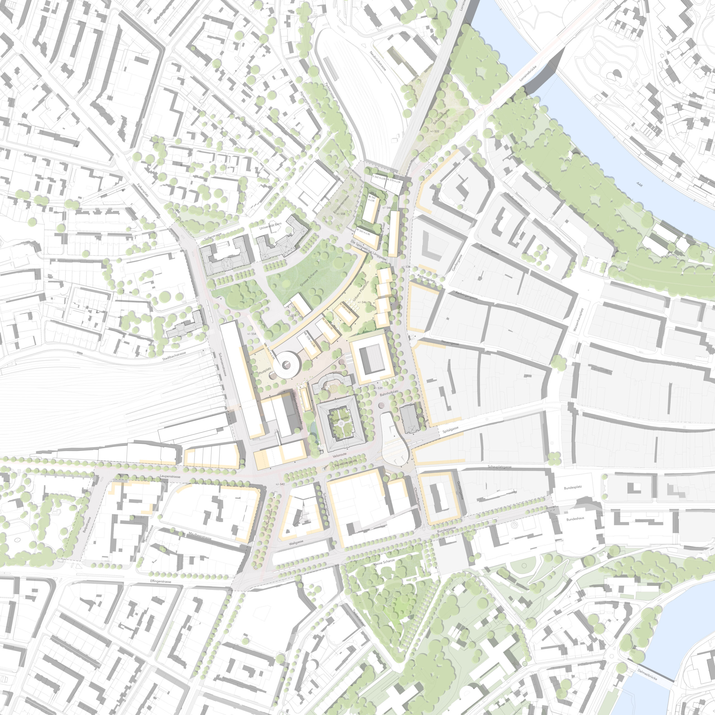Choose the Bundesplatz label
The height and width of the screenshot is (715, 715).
tap(573, 488)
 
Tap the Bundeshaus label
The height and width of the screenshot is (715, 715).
tap(575, 518)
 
